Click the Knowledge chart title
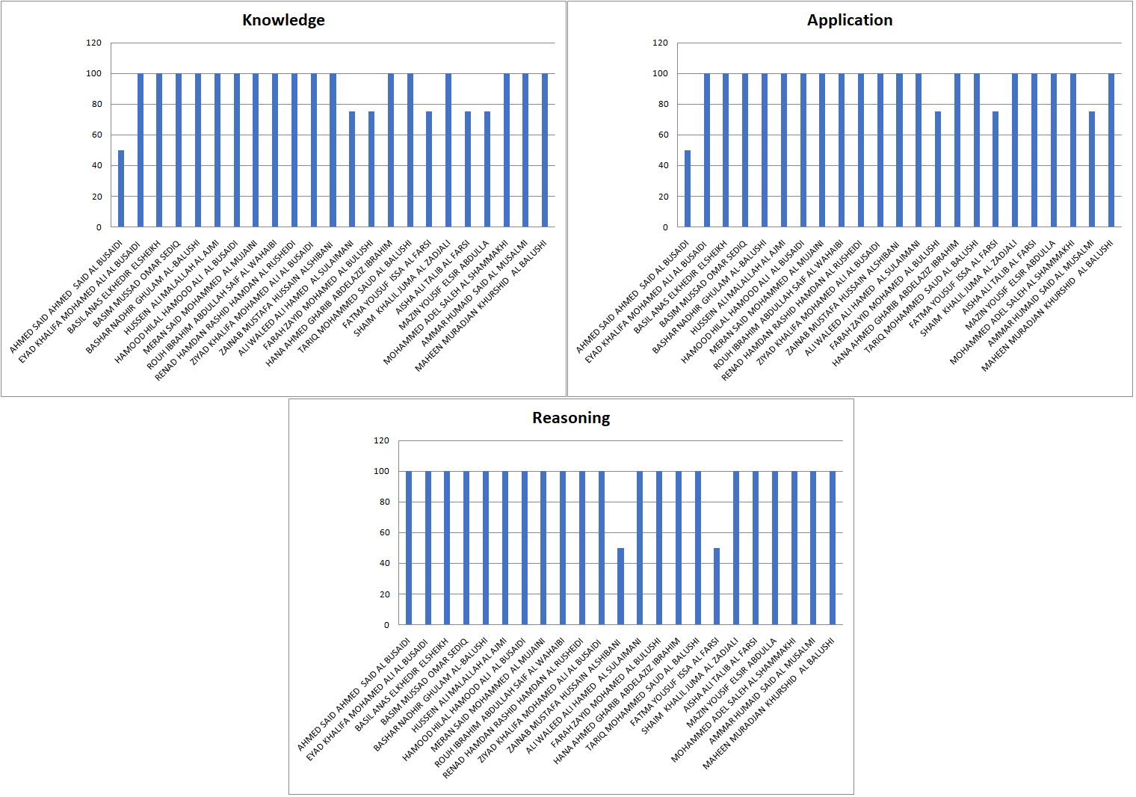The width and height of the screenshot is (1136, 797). tap(283, 20)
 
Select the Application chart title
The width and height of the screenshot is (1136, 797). tap(850, 20)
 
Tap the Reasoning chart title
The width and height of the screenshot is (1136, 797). tap(571, 418)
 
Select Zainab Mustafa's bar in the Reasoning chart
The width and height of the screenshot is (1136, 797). tap(620, 586)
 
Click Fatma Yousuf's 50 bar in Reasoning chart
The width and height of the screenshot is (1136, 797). tap(717, 586)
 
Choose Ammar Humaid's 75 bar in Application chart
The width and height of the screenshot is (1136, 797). tap(1092, 169)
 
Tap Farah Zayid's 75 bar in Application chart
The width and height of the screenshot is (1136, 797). tap(938, 169)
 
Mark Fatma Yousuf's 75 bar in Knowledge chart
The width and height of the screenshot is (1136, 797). tap(429, 169)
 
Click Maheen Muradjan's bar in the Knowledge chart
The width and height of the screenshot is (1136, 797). tap(545, 150)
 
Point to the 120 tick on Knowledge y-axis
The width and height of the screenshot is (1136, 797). tap(94, 43)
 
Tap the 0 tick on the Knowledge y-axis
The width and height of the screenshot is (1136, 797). tap(99, 227)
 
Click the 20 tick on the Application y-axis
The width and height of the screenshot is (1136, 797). tap(664, 197)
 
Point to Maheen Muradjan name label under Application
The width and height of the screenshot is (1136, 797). tap(1047, 306)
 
